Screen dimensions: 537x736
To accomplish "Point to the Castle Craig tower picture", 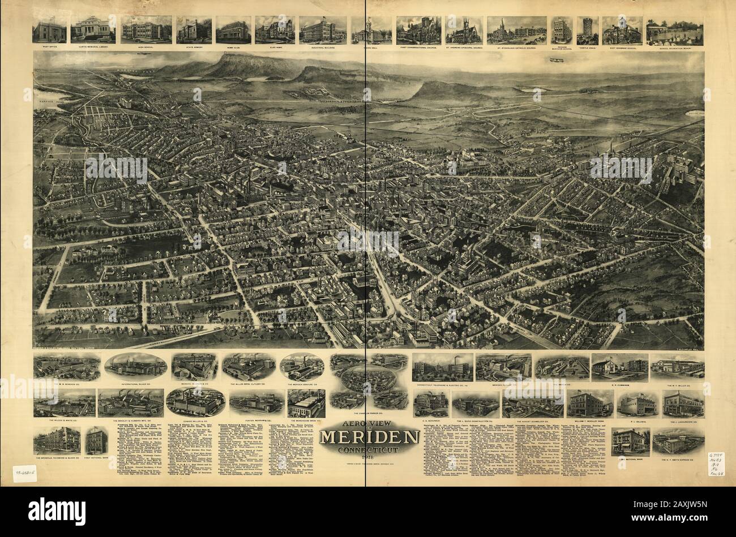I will tap(587, 29).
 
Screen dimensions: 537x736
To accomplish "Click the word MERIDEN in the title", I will tap(368, 437).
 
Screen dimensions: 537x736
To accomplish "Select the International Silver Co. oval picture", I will tap(135, 366).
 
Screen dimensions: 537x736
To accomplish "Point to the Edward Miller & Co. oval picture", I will tap(194, 402).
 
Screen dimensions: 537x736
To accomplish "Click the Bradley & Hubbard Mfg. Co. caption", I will tap(130, 420).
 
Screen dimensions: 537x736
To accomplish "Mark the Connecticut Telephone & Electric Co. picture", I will tap(442, 367).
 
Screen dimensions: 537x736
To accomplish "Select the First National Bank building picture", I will tap(97, 439).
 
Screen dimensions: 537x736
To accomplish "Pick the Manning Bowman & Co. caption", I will tap(192, 382).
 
